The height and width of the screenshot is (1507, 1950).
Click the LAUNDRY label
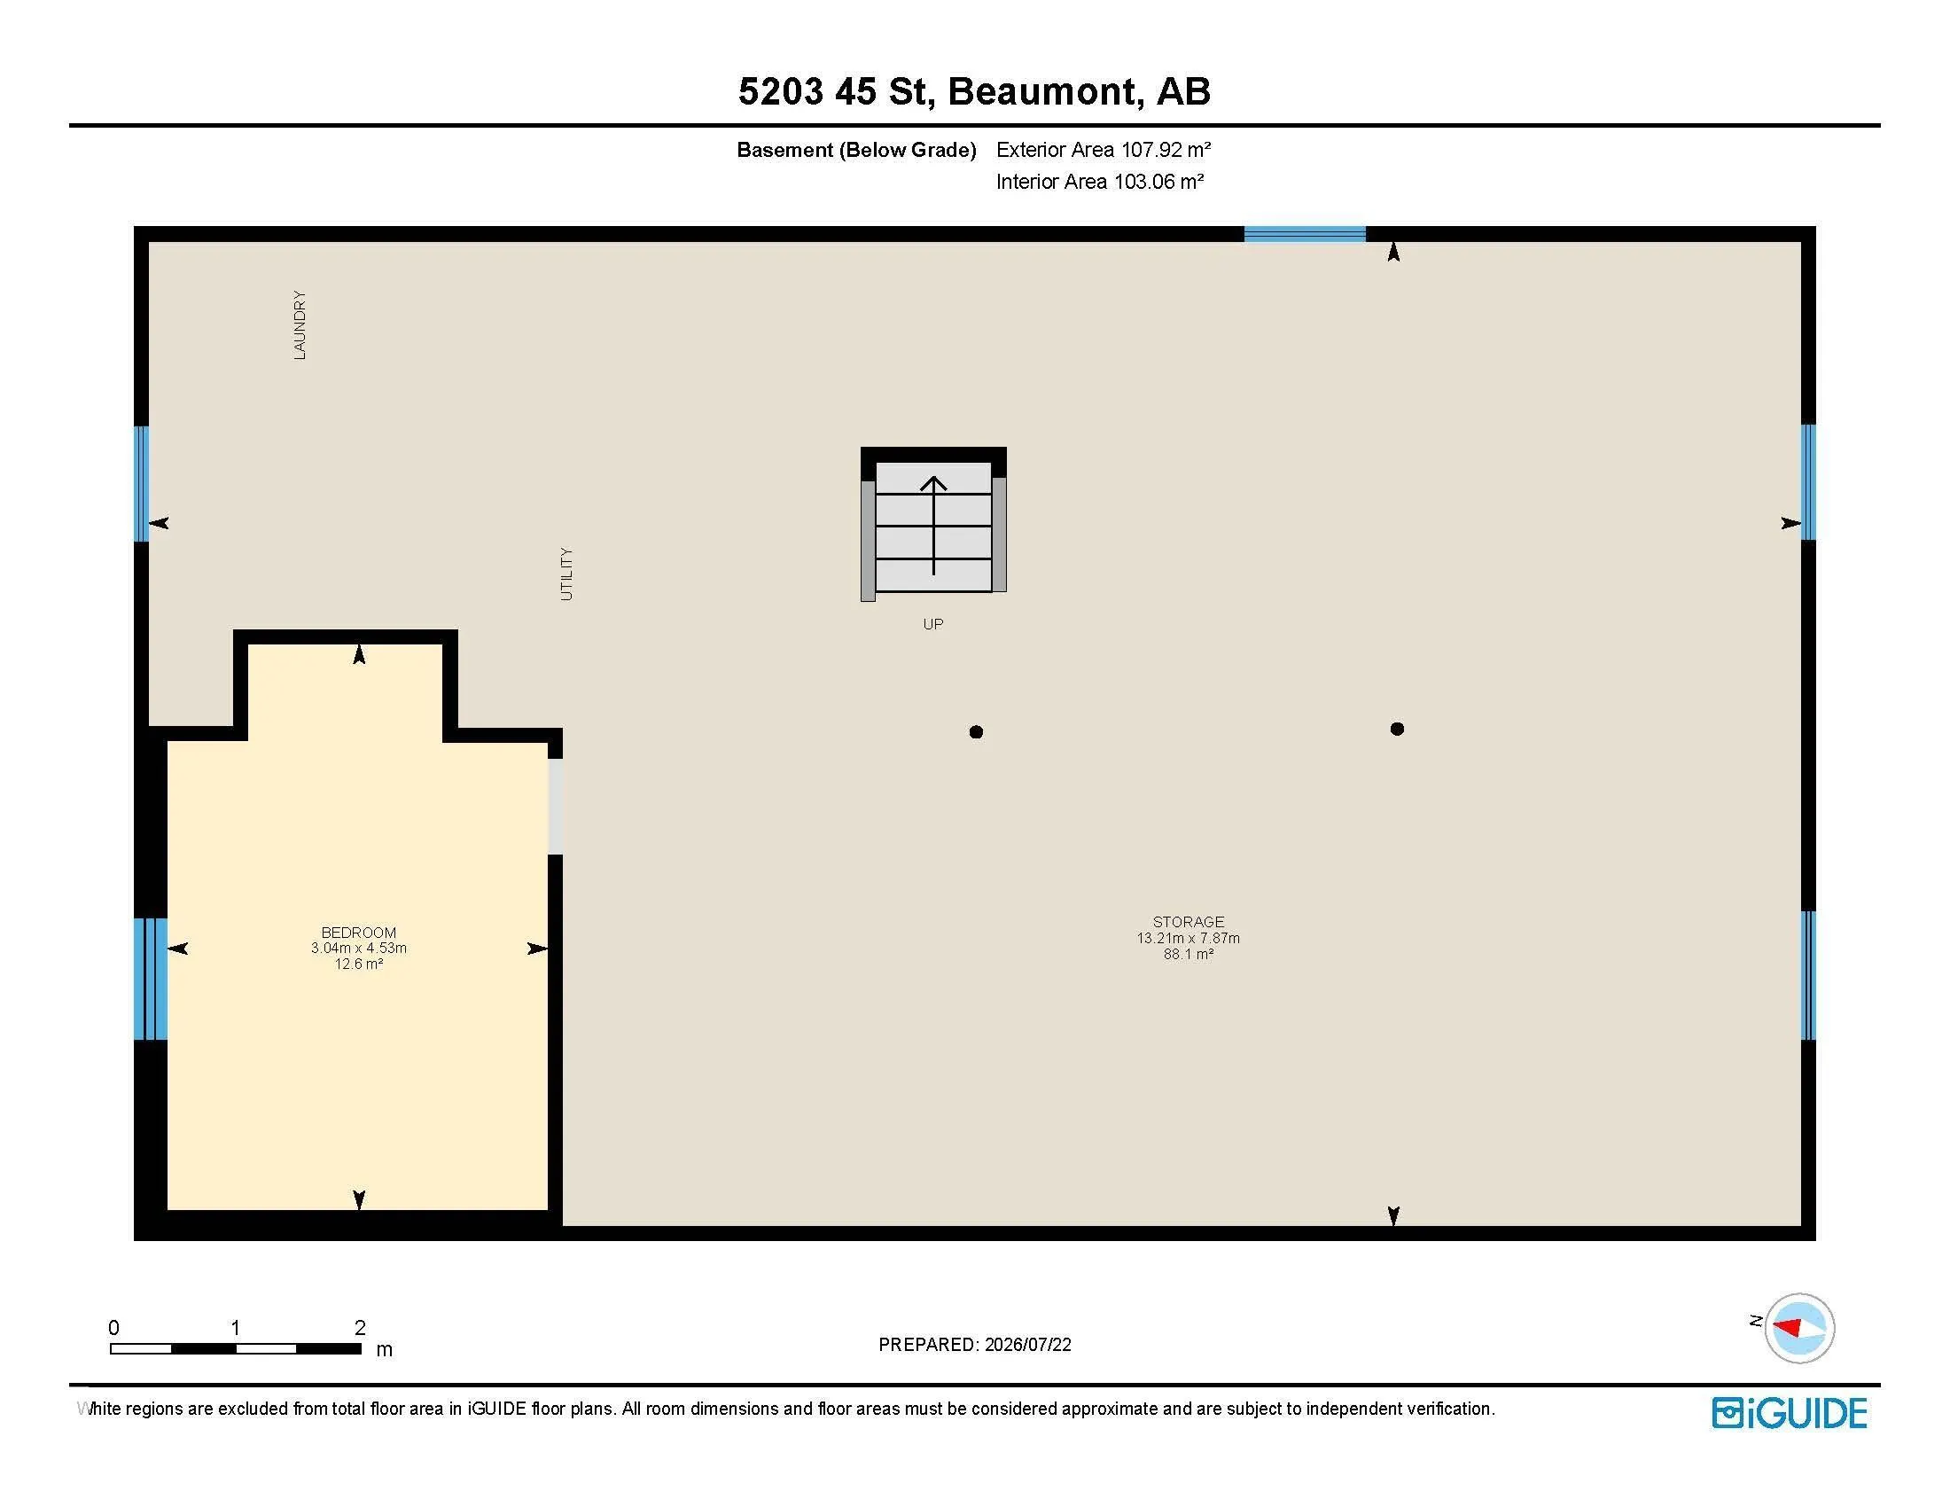[300, 325]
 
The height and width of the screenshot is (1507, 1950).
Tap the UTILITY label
[566, 574]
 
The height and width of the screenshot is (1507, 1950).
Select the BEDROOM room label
[359, 932]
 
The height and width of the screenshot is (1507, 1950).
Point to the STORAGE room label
[1189, 921]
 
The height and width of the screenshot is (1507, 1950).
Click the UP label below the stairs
[933, 624]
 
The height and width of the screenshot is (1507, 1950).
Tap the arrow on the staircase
[934, 526]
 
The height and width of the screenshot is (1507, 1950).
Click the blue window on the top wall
[1305, 234]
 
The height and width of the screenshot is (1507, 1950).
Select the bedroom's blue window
[150, 979]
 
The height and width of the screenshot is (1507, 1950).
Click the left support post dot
[976, 732]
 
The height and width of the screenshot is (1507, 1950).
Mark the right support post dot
[1397, 730]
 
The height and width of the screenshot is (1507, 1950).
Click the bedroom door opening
[556, 806]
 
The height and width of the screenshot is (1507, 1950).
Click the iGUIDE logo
[1790, 1413]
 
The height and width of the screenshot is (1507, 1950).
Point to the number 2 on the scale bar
[360, 1328]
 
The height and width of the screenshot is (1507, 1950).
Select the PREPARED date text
[975, 1345]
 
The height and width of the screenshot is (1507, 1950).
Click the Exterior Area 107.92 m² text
[1104, 149]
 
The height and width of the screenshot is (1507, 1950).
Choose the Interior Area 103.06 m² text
[1100, 181]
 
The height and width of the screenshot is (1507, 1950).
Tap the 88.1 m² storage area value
[1189, 954]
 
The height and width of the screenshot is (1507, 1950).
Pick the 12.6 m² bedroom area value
[359, 964]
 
